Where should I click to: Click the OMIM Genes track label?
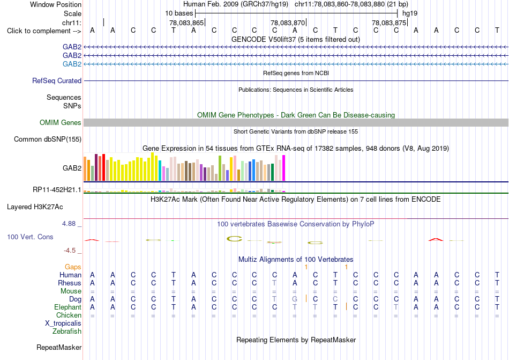tap(60, 122)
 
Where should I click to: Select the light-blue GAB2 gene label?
tap(72, 64)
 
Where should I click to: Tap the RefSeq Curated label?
tap(57, 80)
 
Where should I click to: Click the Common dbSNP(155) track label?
tap(47, 139)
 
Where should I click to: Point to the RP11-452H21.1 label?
tap(57, 189)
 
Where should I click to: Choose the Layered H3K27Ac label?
tap(35, 207)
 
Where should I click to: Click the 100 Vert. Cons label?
tap(30, 237)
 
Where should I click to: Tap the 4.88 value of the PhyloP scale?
tap(69, 224)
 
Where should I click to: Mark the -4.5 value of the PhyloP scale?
tap(70, 250)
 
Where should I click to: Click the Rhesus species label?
tap(70, 283)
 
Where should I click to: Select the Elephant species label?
tap(68, 307)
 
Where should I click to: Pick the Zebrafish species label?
tap(67, 332)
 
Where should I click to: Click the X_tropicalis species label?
tap(63, 324)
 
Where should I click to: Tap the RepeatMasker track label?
tap(59, 347)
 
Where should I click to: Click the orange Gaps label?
tap(73, 267)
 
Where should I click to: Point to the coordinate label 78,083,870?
tap(288, 23)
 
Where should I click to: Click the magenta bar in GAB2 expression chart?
tap(284, 168)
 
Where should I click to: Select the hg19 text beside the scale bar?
tap(410, 13)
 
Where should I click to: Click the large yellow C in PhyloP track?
tap(234, 239)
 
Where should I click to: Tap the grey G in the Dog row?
tap(295, 299)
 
